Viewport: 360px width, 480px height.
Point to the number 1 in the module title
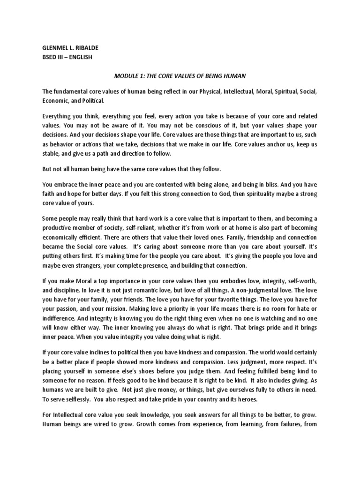click(142, 75)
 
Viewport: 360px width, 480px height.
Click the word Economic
click(55, 101)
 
